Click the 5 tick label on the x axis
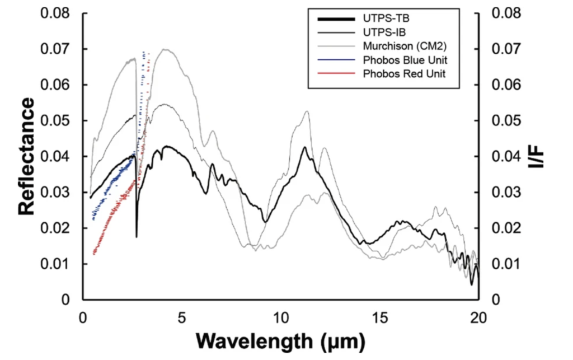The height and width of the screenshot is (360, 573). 181,317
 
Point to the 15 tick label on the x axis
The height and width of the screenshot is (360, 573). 379,317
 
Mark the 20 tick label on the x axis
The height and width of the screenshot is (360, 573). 478,317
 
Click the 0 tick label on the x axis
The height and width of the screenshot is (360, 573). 83,317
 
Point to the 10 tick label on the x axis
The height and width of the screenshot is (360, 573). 280,317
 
